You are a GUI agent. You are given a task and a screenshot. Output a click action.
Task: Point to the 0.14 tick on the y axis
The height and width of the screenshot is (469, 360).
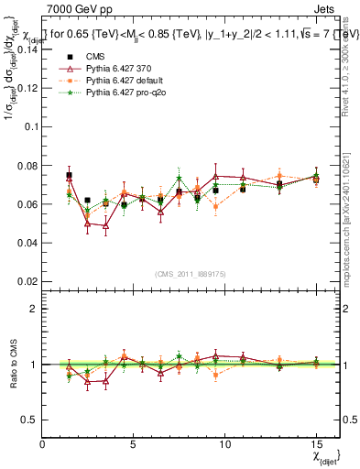(27, 49)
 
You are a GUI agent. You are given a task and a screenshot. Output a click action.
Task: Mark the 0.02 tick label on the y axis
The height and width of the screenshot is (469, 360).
(27, 281)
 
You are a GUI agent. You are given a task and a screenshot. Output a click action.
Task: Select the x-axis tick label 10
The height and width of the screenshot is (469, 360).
(224, 444)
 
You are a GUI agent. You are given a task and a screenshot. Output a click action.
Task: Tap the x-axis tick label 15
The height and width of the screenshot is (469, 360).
(316, 444)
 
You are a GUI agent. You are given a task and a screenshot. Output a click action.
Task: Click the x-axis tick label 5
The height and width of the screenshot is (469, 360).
(134, 444)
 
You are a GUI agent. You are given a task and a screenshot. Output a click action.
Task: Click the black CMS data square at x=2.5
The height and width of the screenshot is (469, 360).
(87, 200)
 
